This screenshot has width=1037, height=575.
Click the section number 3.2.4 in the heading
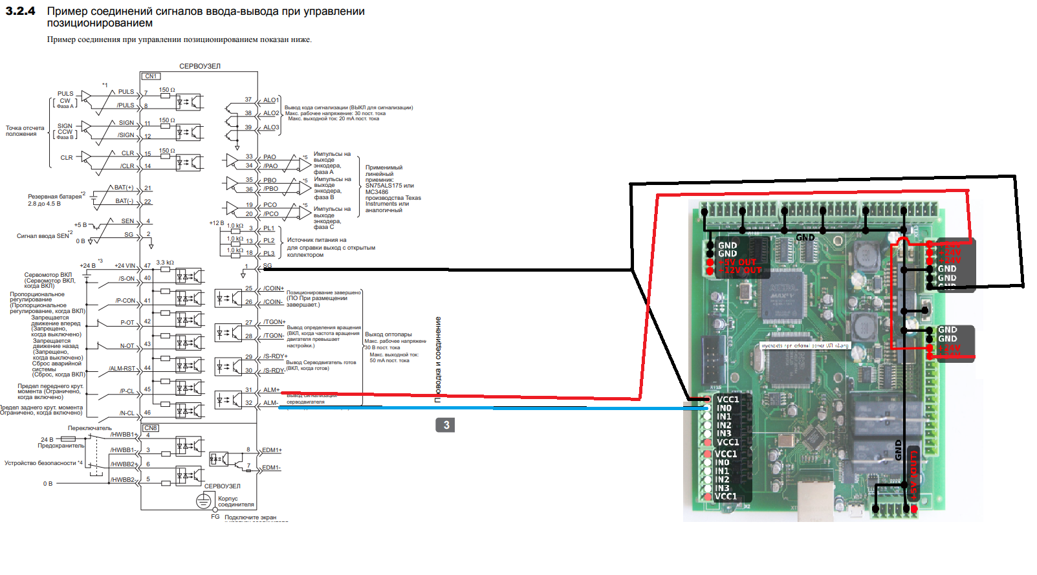[x=20, y=11]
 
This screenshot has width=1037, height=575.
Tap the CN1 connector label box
[x=151, y=76]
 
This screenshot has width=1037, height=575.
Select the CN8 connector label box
[x=151, y=428]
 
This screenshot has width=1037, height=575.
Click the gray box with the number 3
[x=446, y=425]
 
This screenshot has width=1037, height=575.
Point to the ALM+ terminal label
[x=271, y=390]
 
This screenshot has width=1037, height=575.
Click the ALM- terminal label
[x=271, y=403]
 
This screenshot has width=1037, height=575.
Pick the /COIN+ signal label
[x=273, y=288]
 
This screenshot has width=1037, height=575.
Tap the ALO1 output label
[x=271, y=100]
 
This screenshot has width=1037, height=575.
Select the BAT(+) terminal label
[x=124, y=188]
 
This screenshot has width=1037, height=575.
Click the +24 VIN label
[x=125, y=266]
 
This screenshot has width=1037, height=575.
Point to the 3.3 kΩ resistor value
[x=165, y=263]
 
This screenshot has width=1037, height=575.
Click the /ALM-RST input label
[x=122, y=369]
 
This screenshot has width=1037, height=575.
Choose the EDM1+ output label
[x=272, y=450]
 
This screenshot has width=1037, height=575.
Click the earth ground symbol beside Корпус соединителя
[x=204, y=501]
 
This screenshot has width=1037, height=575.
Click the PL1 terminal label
[x=269, y=228]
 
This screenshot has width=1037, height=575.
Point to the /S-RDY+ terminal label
[x=275, y=356]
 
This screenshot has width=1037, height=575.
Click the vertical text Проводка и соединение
[x=438, y=359]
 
